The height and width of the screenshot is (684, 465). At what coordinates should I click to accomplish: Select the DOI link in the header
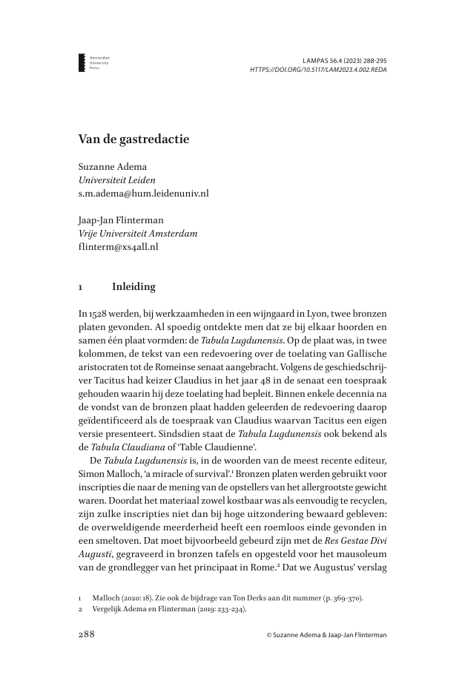318,69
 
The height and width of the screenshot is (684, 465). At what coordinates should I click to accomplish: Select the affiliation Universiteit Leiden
117,180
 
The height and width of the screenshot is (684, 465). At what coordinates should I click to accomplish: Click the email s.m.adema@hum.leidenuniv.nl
143,193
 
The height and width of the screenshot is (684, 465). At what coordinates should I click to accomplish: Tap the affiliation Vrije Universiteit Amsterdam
138,234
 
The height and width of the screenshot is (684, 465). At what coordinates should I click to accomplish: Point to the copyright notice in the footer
327,635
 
